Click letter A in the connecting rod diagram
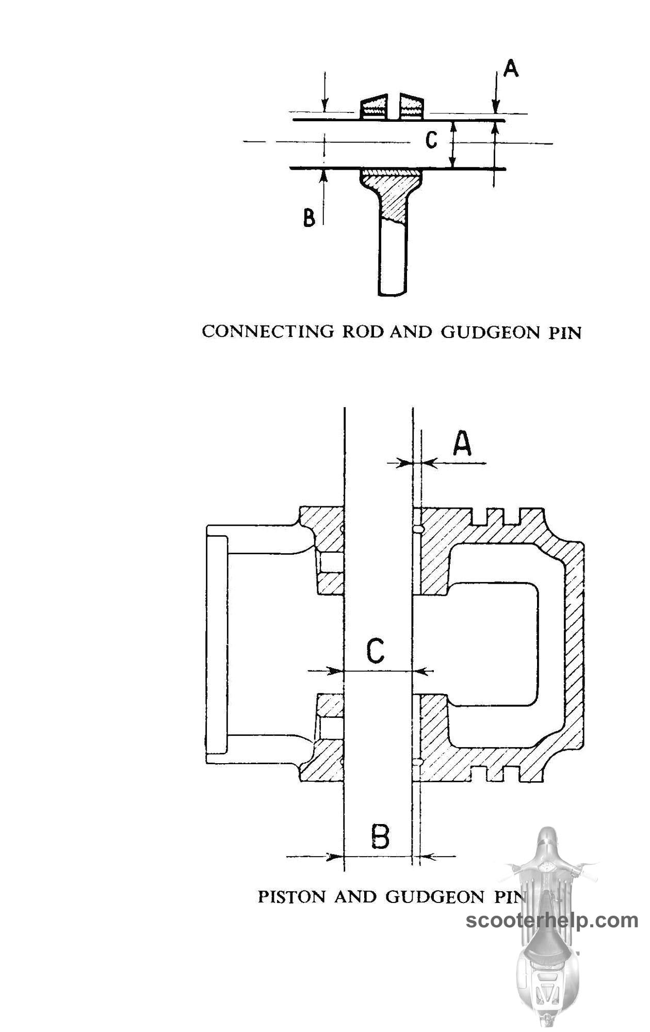pos(511,68)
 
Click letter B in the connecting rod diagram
pos(308,218)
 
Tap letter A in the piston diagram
pos(462,444)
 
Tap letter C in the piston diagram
pos(376,651)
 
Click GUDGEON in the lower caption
pos(435,897)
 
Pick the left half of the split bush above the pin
pos(373,106)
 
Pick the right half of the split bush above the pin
pos(411,106)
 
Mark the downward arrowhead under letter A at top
pos(496,107)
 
